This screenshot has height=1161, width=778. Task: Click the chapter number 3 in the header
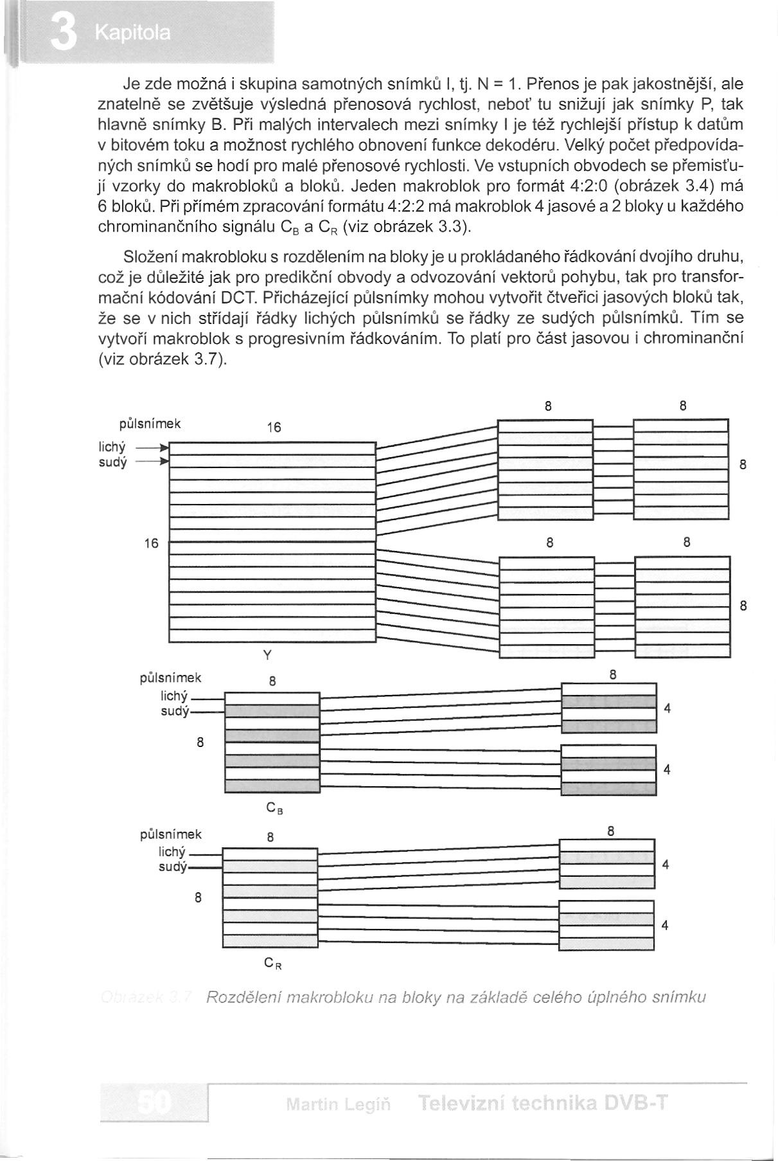click(x=64, y=33)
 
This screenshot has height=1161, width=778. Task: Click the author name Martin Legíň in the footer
click(x=339, y=1104)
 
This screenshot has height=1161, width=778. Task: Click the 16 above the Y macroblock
click(x=274, y=427)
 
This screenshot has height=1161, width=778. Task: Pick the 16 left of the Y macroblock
click(x=151, y=543)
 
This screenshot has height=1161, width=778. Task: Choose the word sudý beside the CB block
click(x=175, y=711)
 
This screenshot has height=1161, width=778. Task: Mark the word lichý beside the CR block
click(x=172, y=852)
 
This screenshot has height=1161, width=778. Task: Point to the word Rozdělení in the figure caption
click(x=242, y=997)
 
